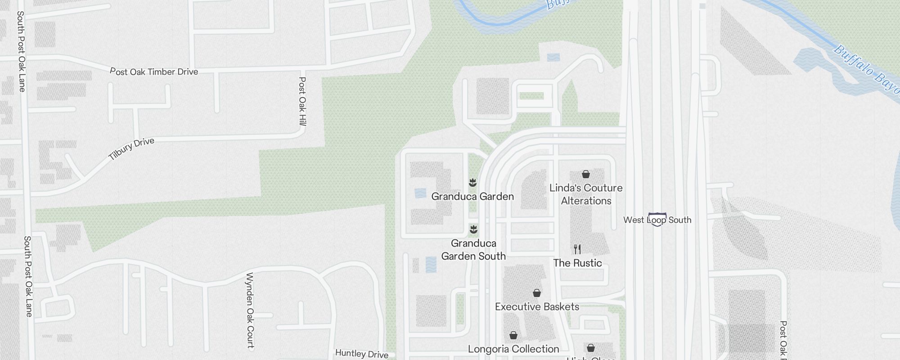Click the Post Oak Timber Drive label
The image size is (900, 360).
(154, 72)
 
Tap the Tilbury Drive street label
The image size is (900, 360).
(131, 149)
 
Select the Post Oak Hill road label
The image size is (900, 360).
(302, 101)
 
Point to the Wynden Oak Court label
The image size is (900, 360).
(250, 310)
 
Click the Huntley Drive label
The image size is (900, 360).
(362, 354)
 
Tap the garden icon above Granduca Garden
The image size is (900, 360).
(472, 183)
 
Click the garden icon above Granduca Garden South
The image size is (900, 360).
(473, 230)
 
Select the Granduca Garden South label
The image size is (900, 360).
(473, 250)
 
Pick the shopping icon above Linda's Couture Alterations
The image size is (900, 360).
(586, 174)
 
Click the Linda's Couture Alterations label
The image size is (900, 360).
(586, 194)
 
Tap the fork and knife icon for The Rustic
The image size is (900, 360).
(577, 249)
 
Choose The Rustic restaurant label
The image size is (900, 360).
(577, 263)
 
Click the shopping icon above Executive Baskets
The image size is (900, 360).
(537, 293)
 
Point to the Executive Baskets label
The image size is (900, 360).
(537, 307)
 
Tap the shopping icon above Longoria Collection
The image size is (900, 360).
(513, 336)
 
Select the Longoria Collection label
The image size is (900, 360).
(513, 349)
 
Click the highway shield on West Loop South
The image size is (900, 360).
(657, 220)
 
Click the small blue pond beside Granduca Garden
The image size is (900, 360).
(420, 193)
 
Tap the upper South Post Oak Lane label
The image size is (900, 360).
(21, 51)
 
